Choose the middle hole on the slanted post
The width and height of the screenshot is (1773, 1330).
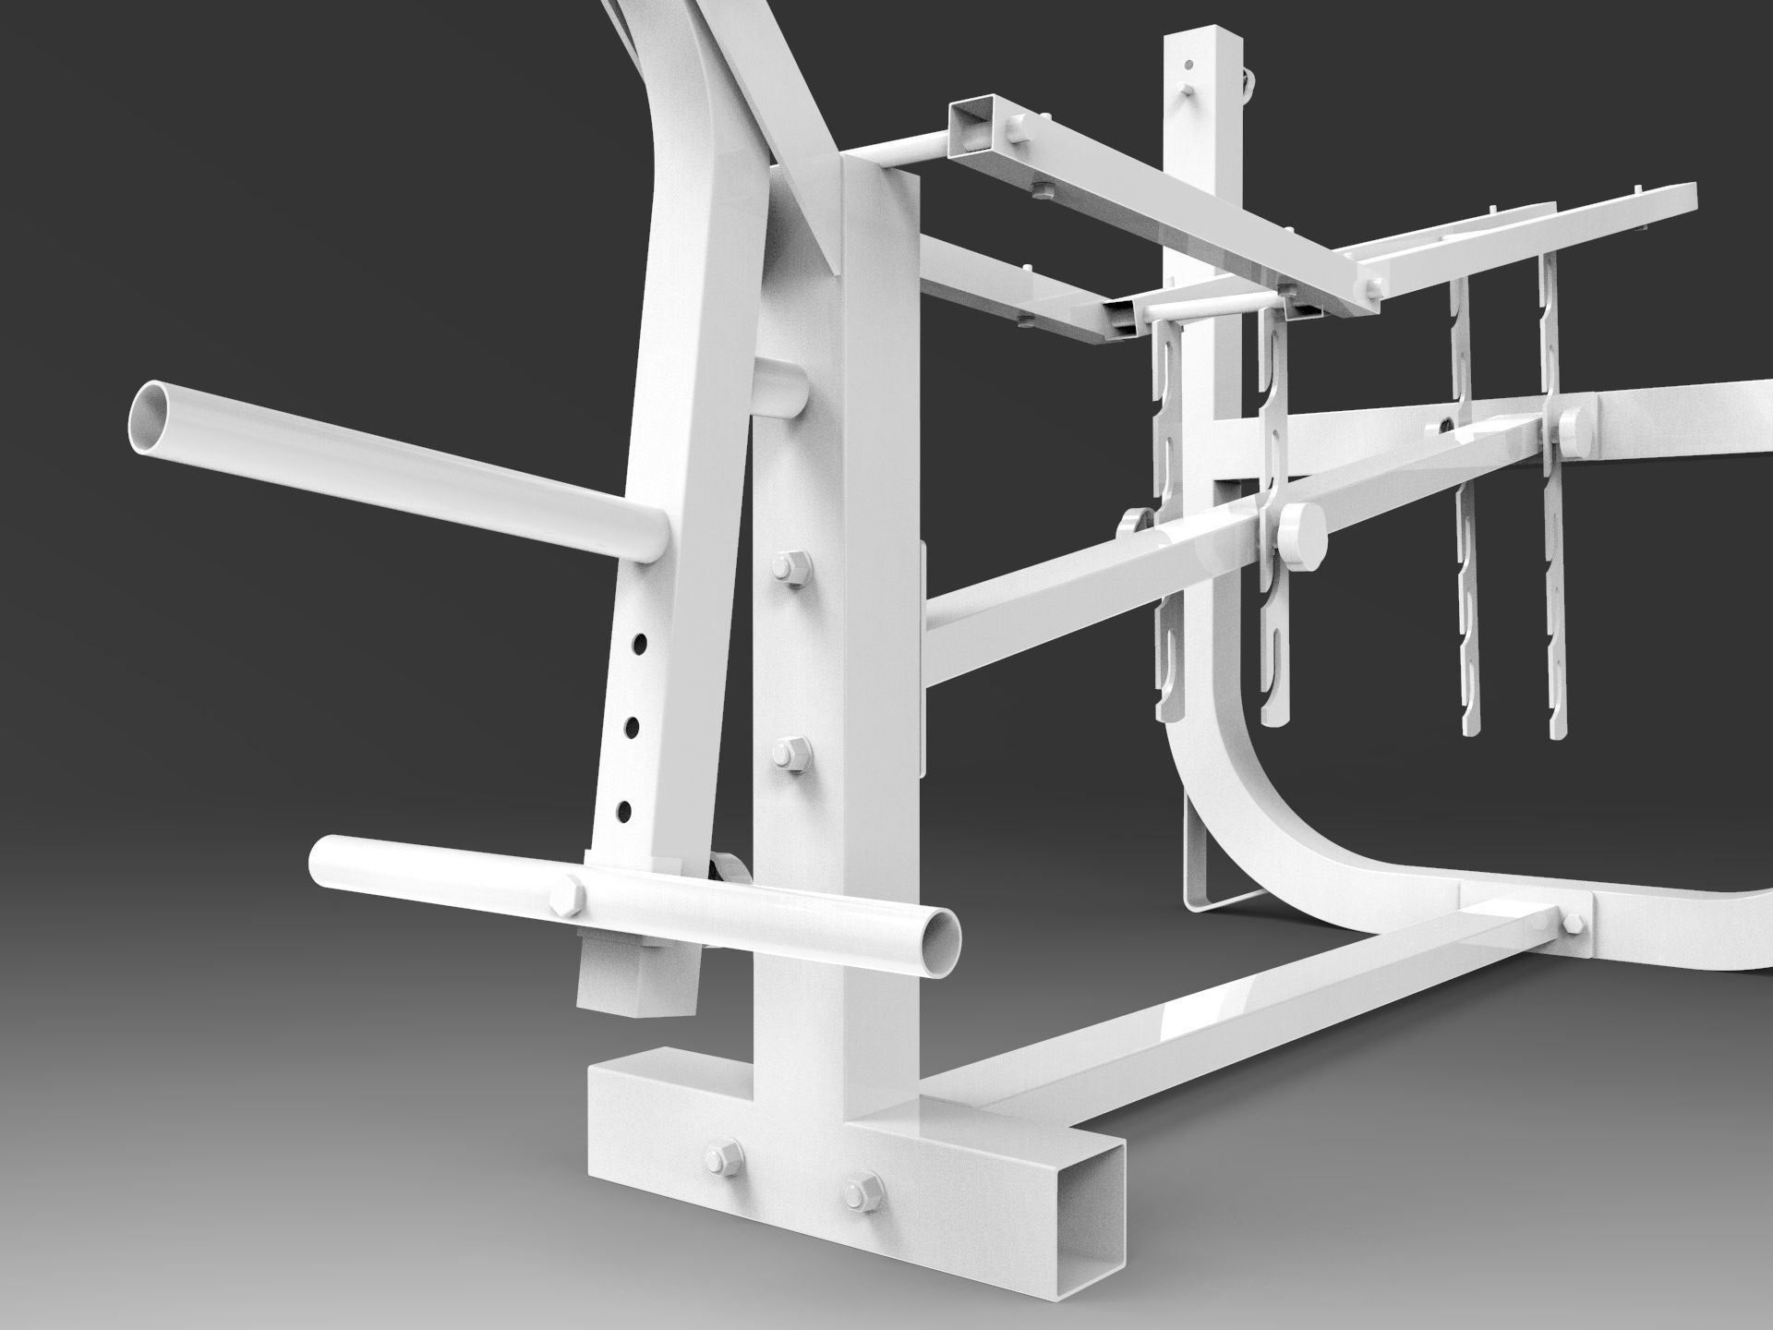coord(633,727)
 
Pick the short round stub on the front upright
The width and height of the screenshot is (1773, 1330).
coord(781,390)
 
